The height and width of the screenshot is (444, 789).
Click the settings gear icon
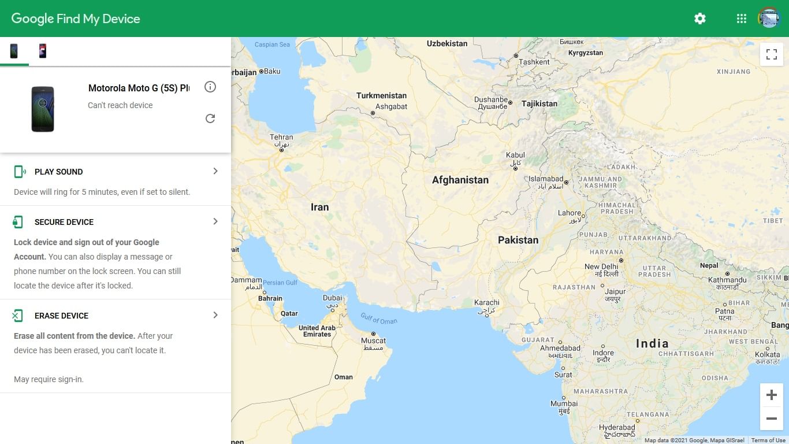pyautogui.click(x=700, y=18)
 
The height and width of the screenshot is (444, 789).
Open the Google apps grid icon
pyautogui.click(x=742, y=18)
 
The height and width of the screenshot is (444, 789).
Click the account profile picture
pyautogui.click(x=769, y=18)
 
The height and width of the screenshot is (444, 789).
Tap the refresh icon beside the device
pyautogui.click(x=210, y=119)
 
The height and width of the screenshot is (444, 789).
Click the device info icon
pyautogui.click(x=210, y=87)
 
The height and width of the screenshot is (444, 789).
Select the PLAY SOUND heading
pyautogui.click(x=58, y=172)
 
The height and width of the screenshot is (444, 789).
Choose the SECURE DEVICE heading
pyautogui.click(x=64, y=222)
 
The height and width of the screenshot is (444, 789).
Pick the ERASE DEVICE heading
pyautogui.click(x=61, y=316)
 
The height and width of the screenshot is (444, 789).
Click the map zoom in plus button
pyautogui.click(x=771, y=395)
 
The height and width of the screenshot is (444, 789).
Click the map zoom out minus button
pyautogui.click(x=771, y=419)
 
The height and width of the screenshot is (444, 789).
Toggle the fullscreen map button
pyautogui.click(x=771, y=54)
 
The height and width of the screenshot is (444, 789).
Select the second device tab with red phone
pyautogui.click(x=42, y=51)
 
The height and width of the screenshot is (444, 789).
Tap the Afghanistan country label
pyautogui.click(x=460, y=180)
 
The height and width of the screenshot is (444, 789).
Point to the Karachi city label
pyautogui.click(x=486, y=302)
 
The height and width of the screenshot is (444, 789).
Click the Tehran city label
pyautogui.click(x=281, y=138)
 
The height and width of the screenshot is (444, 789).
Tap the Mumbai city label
pyautogui.click(x=564, y=404)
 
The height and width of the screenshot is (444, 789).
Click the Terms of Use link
pyautogui.click(x=768, y=441)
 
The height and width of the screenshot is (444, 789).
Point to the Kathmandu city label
pyautogui.click(x=727, y=280)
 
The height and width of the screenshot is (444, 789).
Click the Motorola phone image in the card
pyautogui.click(x=43, y=109)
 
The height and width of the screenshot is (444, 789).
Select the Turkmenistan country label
pyautogui.click(x=381, y=95)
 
